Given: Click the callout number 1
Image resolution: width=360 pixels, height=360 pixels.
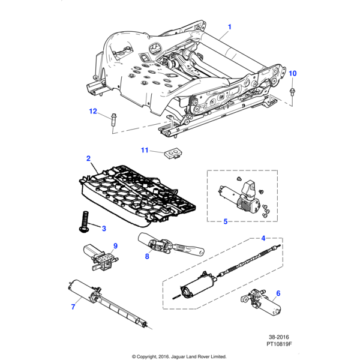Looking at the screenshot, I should pyautogui.click(x=229, y=27).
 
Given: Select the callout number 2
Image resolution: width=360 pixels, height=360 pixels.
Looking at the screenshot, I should pyautogui.click(x=88, y=158).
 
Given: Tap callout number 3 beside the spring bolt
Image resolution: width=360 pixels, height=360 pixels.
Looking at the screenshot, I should pyautogui.click(x=103, y=228).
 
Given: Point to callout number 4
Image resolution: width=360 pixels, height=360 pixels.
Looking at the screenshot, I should pyautogui.click(x=263, y=238).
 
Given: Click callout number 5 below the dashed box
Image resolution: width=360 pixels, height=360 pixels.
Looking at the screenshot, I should pyautogui.click(x=226, y=221).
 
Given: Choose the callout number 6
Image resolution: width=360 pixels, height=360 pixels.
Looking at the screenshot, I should pyautogui.click(x=278, y=293).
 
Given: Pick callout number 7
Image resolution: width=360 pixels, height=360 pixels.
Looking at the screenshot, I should pyautogui.click(x=73, y=307).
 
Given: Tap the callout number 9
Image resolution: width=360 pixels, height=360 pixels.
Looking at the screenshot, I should pyautogui.click(x=115, y=245).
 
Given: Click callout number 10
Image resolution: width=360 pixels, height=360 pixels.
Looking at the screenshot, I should pyautogui.click(x=293, y=73).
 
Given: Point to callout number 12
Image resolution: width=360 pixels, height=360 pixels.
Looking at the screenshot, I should pyautogui.click(x=93, y=111).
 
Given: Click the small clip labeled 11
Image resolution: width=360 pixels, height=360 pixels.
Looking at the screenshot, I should pyautogui.click(x=173, y=154).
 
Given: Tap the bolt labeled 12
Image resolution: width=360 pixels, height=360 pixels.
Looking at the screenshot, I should pyautogui.click(x=113, y=119).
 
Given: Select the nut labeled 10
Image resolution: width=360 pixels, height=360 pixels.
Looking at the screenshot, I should pyautogui.click(x=292, y=91).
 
